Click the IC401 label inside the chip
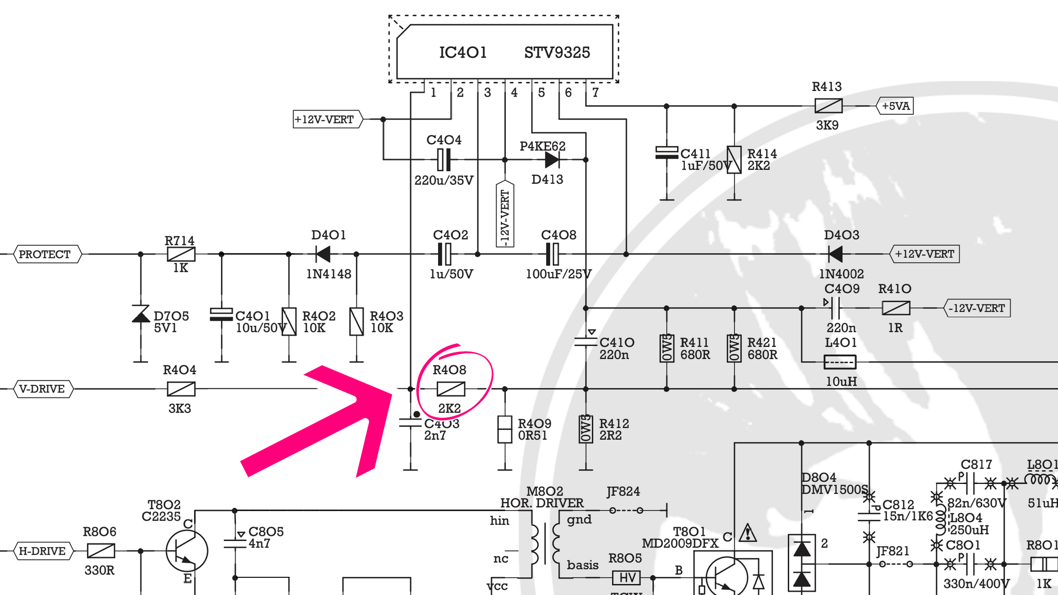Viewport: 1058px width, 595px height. click(x=462, y=53)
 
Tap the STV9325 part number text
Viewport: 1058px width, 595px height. click(x=557, y=53)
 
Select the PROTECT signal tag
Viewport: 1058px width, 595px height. click(x=45, y=254)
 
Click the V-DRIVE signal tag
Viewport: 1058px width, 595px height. click(x=42, y=389)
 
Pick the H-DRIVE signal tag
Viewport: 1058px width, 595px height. click(x=42, y=551)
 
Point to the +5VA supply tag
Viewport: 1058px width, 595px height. click(x=895, y=106)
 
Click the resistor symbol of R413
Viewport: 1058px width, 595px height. click(x=828, y=106)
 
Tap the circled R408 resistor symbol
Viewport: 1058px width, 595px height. click(x=450, y=389)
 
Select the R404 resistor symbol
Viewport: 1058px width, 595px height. click(x=181, y=389)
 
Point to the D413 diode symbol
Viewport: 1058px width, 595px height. click(x=552, y=160)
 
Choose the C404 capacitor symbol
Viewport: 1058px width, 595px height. click(x=444, y=160)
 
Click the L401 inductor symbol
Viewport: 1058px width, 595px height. click(x=839, y=362)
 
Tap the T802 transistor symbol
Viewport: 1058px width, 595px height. click(x=186, y=551)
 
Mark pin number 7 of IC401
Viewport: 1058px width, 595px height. click(x=595, y=93)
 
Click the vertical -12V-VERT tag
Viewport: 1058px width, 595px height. click(x=505, y=215)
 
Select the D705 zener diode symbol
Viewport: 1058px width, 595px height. click(x=140, y=314)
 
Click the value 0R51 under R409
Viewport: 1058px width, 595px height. click(x=533, y=435)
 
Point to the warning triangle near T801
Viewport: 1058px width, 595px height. click(x=747, y=533)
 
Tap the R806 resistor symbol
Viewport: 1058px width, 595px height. click(x=101, y=551)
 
